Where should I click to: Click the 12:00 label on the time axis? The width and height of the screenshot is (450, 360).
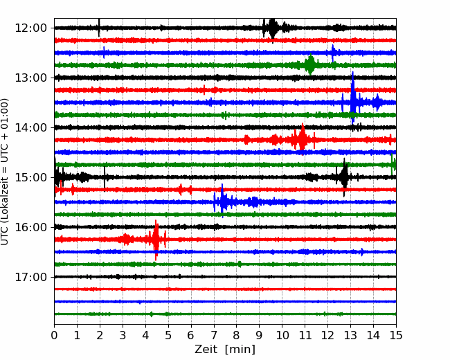(30, 28)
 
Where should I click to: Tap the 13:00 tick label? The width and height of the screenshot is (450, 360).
(30, 78)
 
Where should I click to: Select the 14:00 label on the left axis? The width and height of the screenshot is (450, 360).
(30, 127)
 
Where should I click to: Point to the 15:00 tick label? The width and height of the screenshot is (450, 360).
(30, 177)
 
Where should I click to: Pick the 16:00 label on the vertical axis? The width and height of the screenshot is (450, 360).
(30, 227)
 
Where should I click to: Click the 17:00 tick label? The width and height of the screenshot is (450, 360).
(30, 277)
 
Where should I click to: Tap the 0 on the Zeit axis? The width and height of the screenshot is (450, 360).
(54, 335)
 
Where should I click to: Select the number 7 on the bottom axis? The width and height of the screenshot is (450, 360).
(214, 335)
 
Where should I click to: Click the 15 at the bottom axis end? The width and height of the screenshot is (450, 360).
(396, 335)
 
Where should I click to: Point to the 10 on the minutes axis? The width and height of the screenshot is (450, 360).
(282, 335)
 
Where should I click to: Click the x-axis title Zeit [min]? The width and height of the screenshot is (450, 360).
(225, 349)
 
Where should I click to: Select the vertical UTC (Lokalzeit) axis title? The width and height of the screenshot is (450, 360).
(4, 172)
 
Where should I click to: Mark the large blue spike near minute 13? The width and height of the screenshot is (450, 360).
(352, 98)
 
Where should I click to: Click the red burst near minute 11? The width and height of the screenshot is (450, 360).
(302, 139)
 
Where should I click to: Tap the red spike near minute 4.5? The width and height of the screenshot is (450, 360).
(156, 240)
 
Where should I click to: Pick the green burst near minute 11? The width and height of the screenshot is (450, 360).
(310, 64)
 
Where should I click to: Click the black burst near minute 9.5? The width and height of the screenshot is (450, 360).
(272, 28)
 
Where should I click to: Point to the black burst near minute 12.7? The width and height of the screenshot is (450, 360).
(344, 177)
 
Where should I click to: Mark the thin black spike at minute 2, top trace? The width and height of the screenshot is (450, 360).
(99, 28)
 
